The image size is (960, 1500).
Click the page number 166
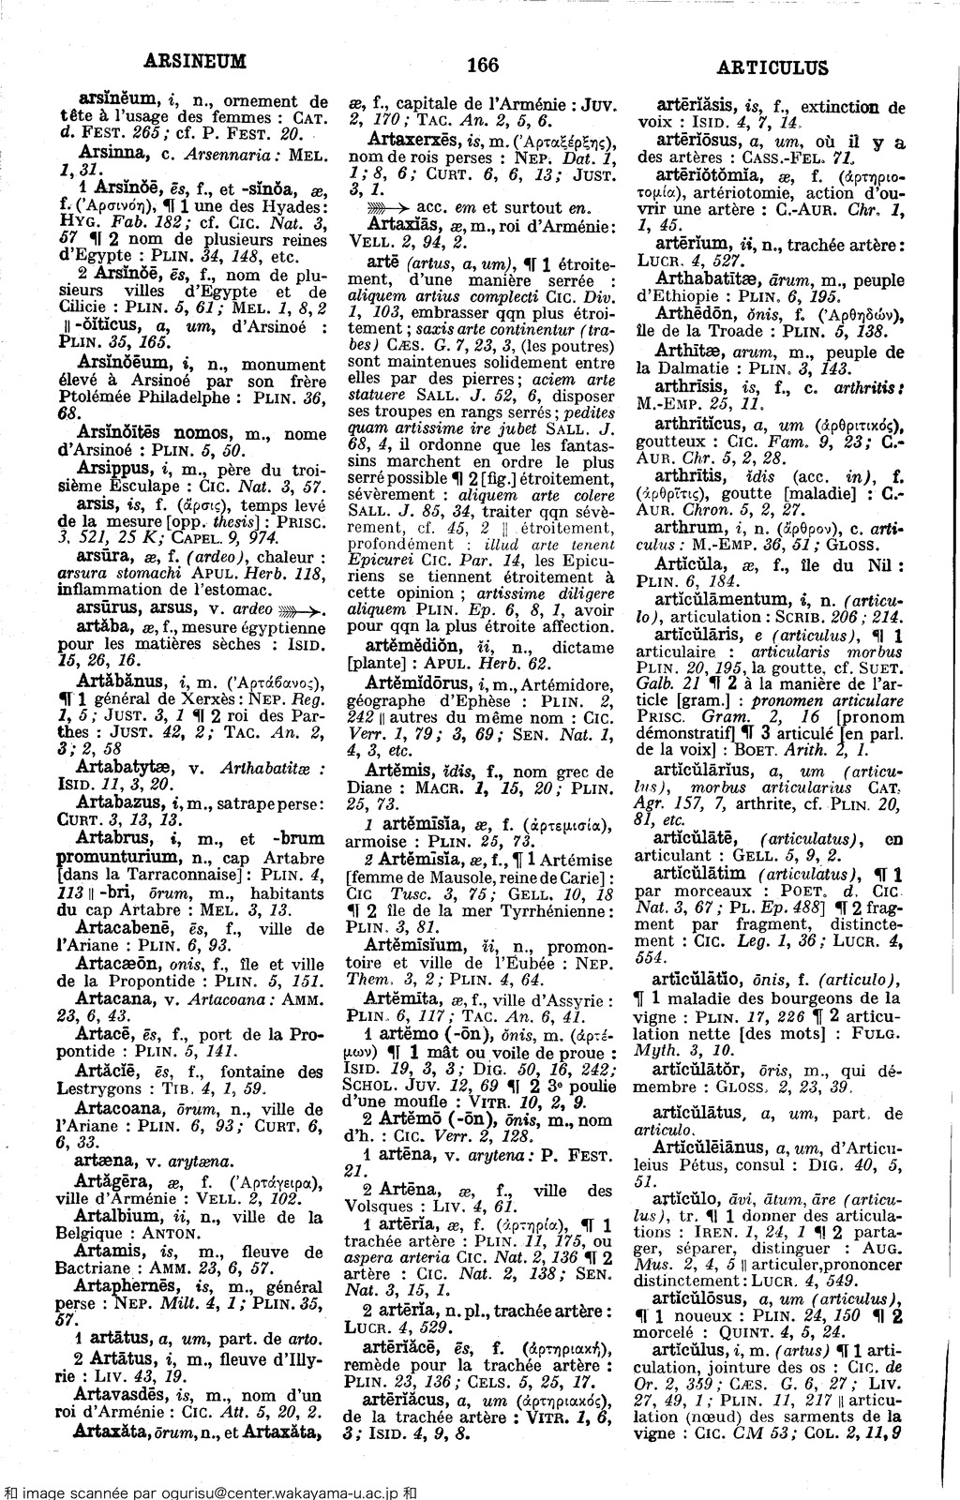(481, 65)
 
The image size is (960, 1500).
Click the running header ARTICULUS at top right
(772, 67)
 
